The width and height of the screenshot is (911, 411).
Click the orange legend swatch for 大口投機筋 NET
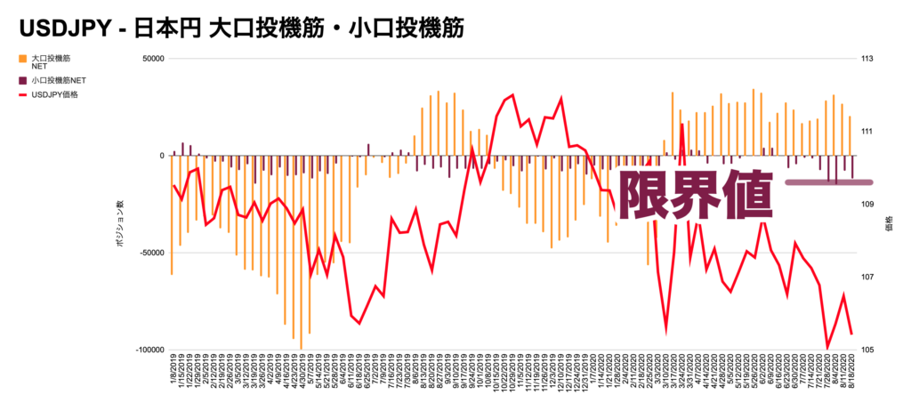[x=22, y=59]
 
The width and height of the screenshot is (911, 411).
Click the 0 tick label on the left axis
[x=161, y=156]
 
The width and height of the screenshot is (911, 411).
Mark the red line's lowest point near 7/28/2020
[x=827, y=348]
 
